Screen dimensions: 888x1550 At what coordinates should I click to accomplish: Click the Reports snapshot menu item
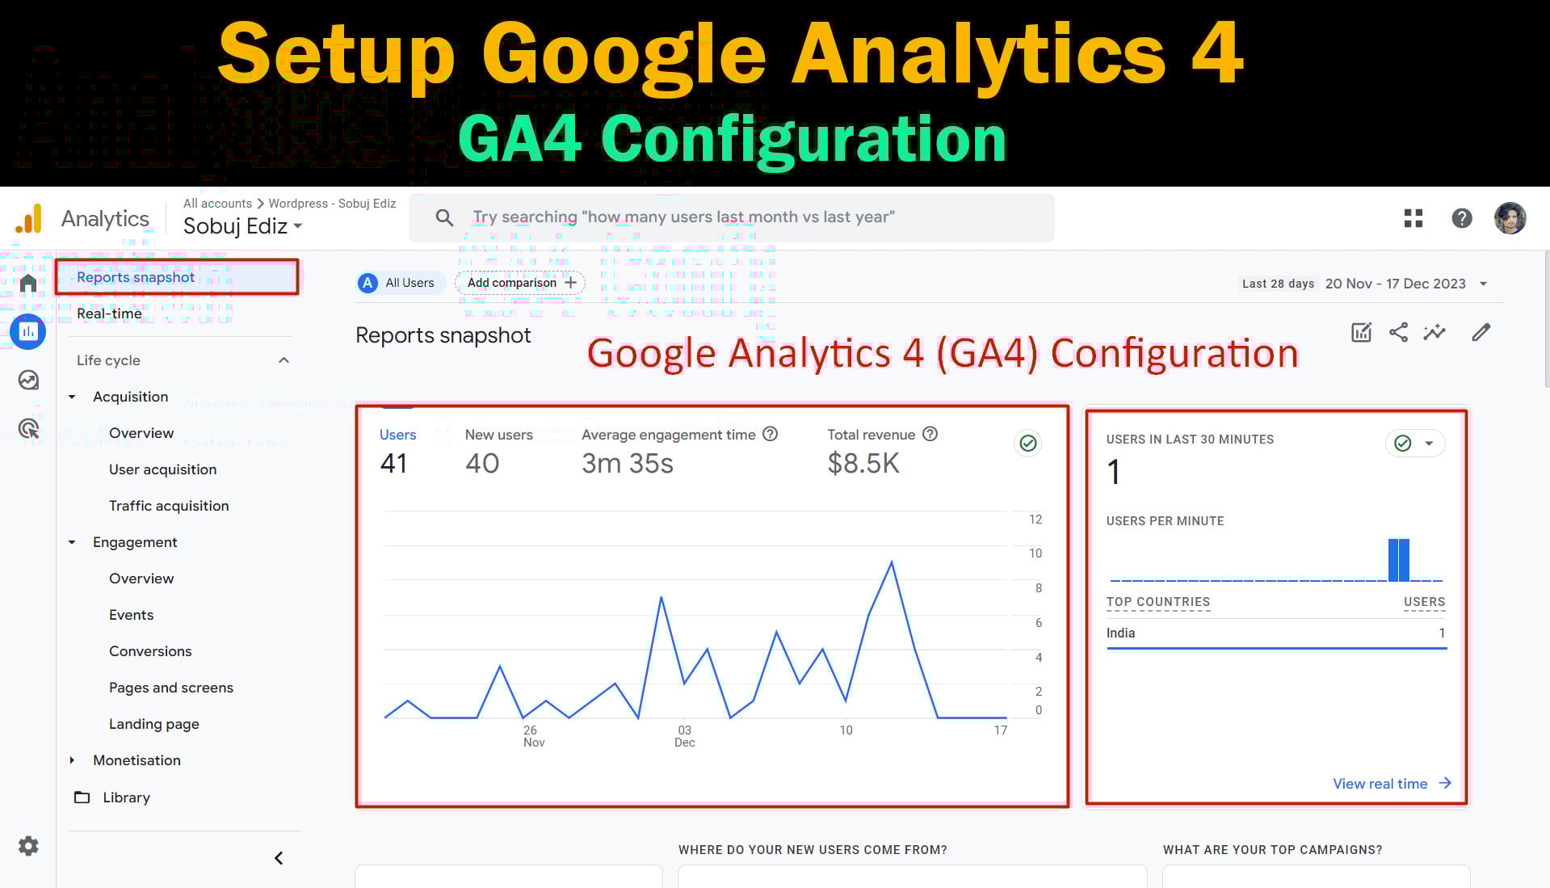click(x=136, y=277)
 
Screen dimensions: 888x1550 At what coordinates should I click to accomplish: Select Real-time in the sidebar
click(x=109, y=314)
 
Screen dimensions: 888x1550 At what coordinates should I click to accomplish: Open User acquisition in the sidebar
click(x=162, y=469)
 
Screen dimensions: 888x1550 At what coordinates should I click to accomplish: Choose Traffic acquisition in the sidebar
click(x=169, y=506)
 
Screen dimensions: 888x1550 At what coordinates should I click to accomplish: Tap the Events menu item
click(x=131, y=615)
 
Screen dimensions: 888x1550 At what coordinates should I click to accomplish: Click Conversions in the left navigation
click(x=150, y=651)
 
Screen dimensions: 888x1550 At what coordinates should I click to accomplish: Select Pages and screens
click(x=170, y=688)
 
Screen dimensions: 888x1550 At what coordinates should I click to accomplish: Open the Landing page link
click(x=153, y=724)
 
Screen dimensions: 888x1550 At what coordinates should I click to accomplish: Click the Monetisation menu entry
click(x=137, y=760)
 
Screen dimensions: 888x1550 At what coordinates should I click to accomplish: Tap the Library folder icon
click(x=82, y=798)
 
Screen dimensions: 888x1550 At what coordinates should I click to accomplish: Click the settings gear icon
click(x=28, y=846)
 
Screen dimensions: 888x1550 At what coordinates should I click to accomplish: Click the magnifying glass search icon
click(x=444, y=217)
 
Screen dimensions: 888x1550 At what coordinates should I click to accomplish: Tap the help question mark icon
click(x=1461, y=218)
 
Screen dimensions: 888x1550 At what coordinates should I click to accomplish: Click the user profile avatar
click(x=1510, y=218)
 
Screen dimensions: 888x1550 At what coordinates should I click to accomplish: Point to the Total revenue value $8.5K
click(x=863, y=464)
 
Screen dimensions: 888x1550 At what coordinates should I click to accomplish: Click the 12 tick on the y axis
click(x=1035, y=520)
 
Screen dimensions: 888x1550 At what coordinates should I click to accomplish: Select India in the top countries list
click(x=1120, y=633)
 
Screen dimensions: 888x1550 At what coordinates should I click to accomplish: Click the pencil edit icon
click(x=1481, y=332)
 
